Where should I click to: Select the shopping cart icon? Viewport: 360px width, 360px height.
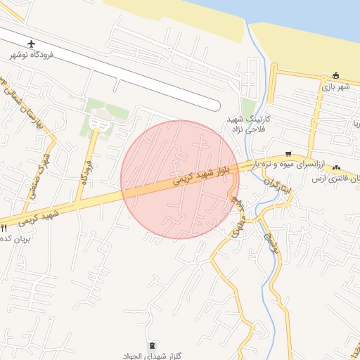(x=288, y=154)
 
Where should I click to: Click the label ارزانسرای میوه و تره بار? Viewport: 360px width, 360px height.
(x=288, y=163)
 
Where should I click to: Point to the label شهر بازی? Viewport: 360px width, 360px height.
(x=336, y=86)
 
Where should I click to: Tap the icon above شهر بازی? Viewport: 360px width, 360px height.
(x=336, y=76)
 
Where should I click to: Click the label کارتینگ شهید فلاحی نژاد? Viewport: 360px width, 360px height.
(x=245, y=124)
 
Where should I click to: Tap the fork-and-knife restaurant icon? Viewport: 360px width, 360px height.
(x=4, y=228)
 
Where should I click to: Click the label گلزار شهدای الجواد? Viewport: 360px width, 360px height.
(x=153, y=355)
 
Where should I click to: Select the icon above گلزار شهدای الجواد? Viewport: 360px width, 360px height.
(x=153, y=345)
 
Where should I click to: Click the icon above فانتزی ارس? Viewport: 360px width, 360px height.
(x=337, y=167)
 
